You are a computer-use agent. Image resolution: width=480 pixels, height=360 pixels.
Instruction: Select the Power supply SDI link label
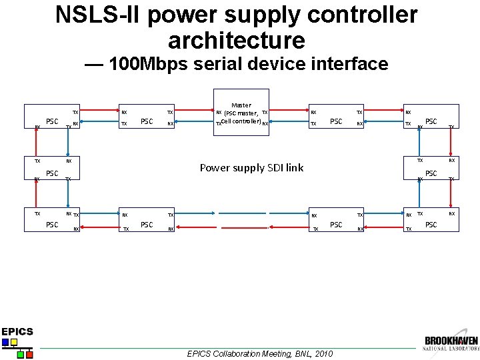pos(251,168)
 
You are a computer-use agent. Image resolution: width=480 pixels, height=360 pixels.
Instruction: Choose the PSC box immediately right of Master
pos(336,121)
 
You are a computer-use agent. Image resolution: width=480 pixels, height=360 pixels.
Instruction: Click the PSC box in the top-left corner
pos(51,121)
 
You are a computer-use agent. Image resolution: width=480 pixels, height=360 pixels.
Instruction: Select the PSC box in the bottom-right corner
pos(431,224)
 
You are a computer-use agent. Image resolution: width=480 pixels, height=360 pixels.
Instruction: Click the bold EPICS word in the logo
pos(17,331)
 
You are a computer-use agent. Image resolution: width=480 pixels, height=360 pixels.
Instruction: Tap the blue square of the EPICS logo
pos(6,343)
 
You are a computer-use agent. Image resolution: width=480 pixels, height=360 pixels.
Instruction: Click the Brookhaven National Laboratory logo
pos(451,344)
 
